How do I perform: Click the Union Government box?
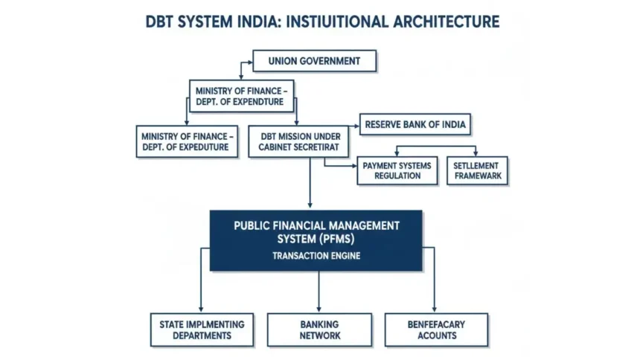point(315,61)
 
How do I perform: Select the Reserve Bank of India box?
point(415,124)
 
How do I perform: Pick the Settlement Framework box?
point(478,170)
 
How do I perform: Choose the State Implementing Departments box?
point(201,330)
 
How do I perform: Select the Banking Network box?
point(319,330)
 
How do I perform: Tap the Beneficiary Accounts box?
point(436,330)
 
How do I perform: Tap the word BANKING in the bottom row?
point(319,324)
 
